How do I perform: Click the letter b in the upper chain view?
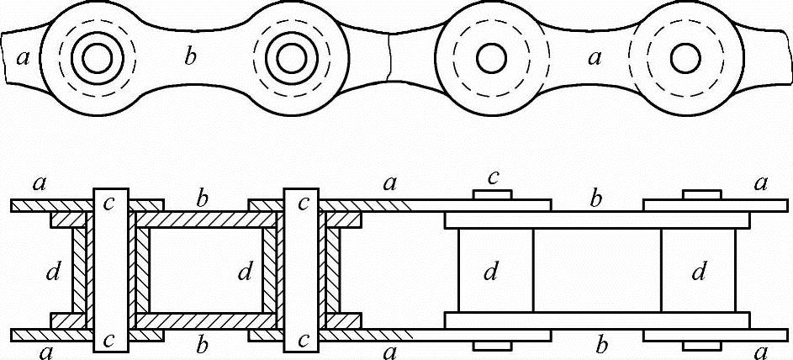[190, 58]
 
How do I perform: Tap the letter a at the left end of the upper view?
[23, 57]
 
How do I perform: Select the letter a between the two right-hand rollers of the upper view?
[595, 58]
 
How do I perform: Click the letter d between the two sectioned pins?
[245, 272]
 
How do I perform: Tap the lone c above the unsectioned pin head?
[494, 177]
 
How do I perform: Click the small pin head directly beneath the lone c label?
[493, 195]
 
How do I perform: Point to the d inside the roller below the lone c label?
[492, 272]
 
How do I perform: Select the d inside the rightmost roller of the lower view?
[698, 272]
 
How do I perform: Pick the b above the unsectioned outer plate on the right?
[595, 200]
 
